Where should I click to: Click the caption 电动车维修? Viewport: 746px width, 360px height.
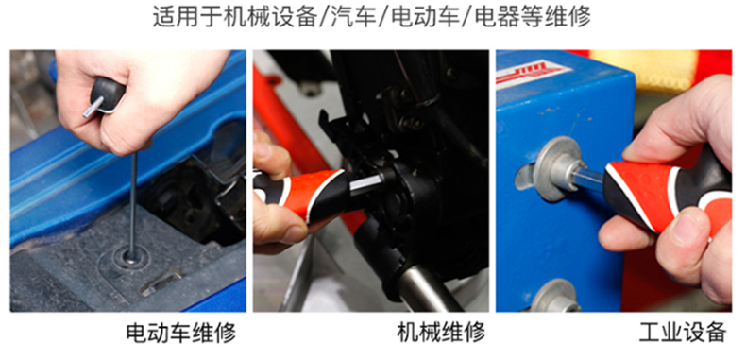181,333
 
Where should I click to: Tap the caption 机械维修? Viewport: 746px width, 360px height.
442,333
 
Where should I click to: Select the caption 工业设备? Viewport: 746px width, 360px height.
683,333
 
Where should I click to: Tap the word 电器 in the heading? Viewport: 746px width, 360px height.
494,18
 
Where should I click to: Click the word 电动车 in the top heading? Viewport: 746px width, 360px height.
423,18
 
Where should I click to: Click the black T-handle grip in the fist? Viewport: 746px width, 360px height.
108,94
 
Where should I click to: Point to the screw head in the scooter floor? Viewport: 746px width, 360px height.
129,260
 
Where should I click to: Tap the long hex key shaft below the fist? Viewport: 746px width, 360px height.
133,205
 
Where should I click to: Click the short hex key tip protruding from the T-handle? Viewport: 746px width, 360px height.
93,108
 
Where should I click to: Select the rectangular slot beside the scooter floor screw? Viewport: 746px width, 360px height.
161,283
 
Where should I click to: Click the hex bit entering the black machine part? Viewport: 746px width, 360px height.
366,183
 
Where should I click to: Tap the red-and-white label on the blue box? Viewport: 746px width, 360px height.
533,73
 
